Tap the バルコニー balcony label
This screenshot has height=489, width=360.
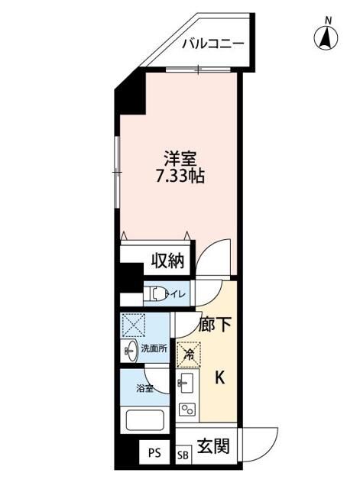[212, 43]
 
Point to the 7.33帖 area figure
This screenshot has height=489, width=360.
[180, 176]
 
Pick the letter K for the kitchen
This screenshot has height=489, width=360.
[219, 377]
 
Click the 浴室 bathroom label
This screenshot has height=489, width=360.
[144, 388]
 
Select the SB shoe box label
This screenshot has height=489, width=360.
[184, 455]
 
